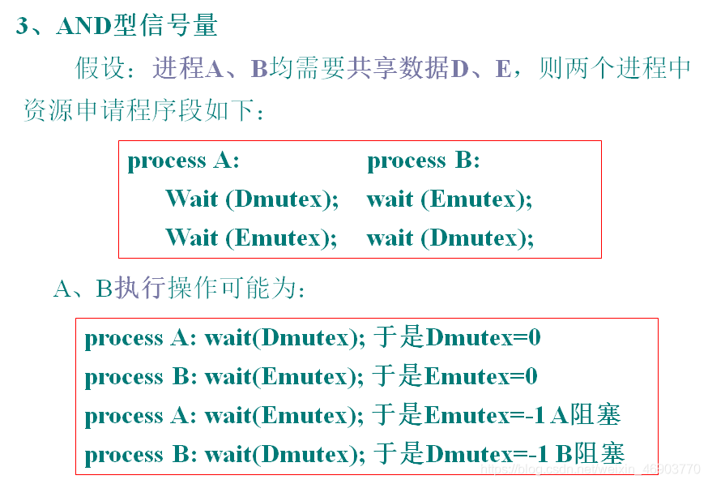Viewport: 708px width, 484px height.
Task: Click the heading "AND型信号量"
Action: pyautogui.click(x=137, y=26)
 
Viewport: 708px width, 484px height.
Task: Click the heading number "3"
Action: pyautogui.click(x=23, y=26)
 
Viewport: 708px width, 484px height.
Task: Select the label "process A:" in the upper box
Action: pyautogui.click(x=183, y=161)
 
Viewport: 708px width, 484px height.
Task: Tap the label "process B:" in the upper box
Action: pyautogui.click(x=424, y=161)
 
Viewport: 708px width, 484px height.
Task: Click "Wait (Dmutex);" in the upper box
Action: pyautogui.click(x=252, y=199)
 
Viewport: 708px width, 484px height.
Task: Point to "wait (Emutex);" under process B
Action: pyautogui.click(x=450, y=199)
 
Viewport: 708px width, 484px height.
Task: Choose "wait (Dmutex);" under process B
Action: pyautogui.click(x=450, y=238)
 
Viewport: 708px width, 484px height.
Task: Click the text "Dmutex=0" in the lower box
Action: pyautogui.click(x=483, y=338)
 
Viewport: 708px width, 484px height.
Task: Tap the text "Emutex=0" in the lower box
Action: pyautogui.click(x=481, y=377)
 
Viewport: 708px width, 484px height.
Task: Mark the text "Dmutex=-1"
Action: pyautogui.click(x=485, y=454)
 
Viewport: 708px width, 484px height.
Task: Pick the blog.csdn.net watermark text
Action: pyautogui.click(x=591, y=469)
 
